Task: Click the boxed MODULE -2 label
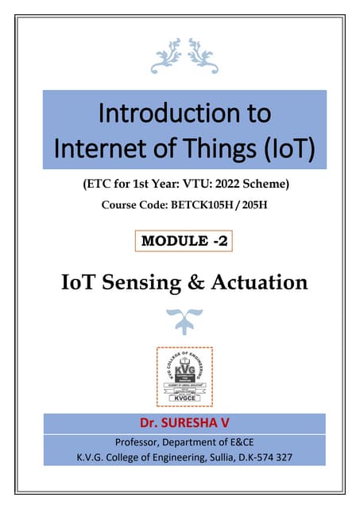184,241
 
